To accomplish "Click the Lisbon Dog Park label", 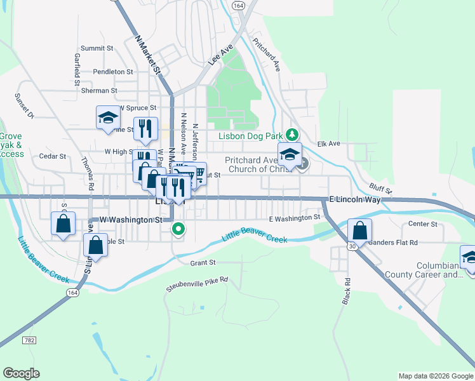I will pos(251,135).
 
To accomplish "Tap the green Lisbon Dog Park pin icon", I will pos(291,135).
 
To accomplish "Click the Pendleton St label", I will pos(112,72).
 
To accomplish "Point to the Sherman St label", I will pos(100,91).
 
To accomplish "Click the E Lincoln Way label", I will pos(355,199).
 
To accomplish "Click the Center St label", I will pos(423,224).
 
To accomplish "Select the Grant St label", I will pos(203,262).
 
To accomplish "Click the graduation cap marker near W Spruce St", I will pos(108,117).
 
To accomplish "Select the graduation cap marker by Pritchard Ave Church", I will pos(290,154).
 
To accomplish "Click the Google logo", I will pos(21,373).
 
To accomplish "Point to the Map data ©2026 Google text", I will pos(435,376).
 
